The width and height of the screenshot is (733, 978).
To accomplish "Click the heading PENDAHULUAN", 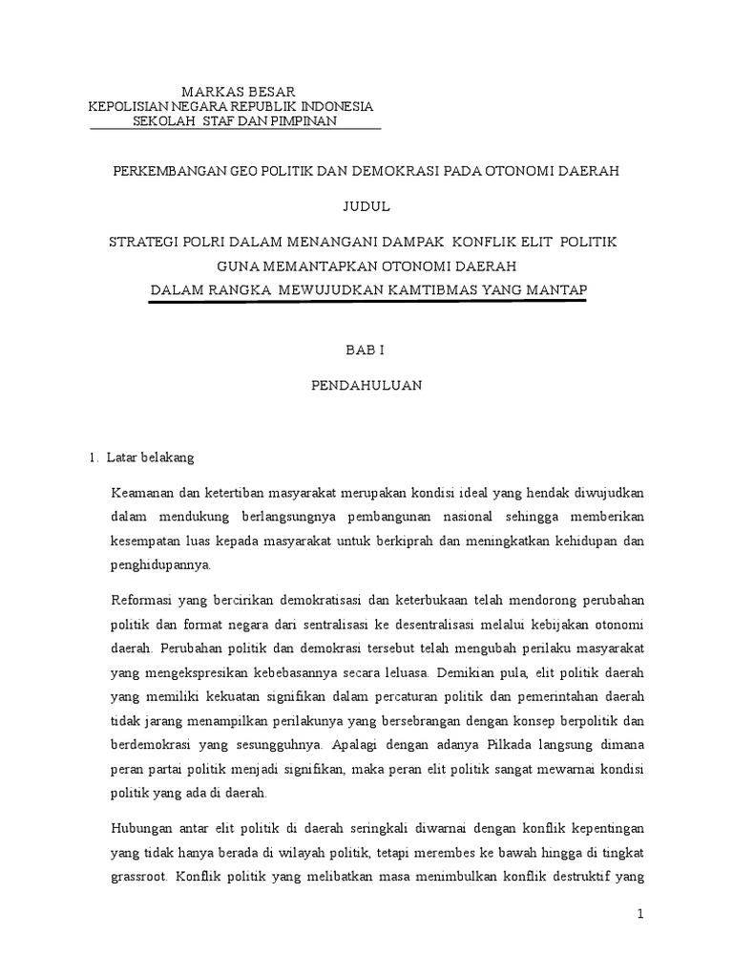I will point(366,387).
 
